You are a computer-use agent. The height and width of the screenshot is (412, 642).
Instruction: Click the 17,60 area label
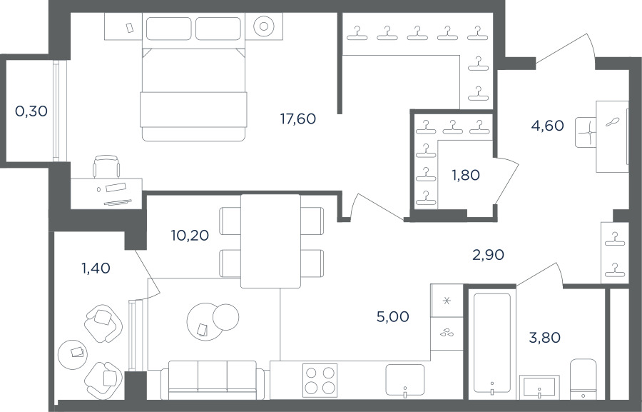click(x=298, y=119)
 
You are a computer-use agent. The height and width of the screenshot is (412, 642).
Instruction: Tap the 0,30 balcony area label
click(x=31, y=111)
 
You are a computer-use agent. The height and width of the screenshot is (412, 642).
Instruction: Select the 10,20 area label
click(x=190, y=236)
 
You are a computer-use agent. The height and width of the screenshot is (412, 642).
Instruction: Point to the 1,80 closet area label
click(x=466, y=175)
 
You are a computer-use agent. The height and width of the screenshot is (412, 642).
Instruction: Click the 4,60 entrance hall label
click(x=547, y=126)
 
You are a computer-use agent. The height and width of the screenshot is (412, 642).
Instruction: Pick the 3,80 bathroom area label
click(x=544, y=338)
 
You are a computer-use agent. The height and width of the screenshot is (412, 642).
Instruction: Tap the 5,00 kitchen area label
click(x=392, y=316)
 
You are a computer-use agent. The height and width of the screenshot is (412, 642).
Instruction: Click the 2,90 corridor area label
click(x=488, y=255)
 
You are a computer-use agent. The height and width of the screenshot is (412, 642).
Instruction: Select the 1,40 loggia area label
click(x=96, y=268)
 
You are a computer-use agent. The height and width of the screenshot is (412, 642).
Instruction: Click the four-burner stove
click(x=320, y=380)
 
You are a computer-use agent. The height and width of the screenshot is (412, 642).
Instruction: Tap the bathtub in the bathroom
click(x=492, y=344)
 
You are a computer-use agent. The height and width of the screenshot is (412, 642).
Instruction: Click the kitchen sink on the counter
click(x=405, y=380)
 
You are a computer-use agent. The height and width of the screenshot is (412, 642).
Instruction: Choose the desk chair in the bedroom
click(x=107, y=166)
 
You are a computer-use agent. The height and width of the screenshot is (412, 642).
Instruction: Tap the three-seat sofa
click(x=213, y=380)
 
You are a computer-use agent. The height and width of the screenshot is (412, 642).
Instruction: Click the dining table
click(x=270, y=241)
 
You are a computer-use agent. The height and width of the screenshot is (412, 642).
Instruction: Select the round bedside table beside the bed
click(x=264, y=26)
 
